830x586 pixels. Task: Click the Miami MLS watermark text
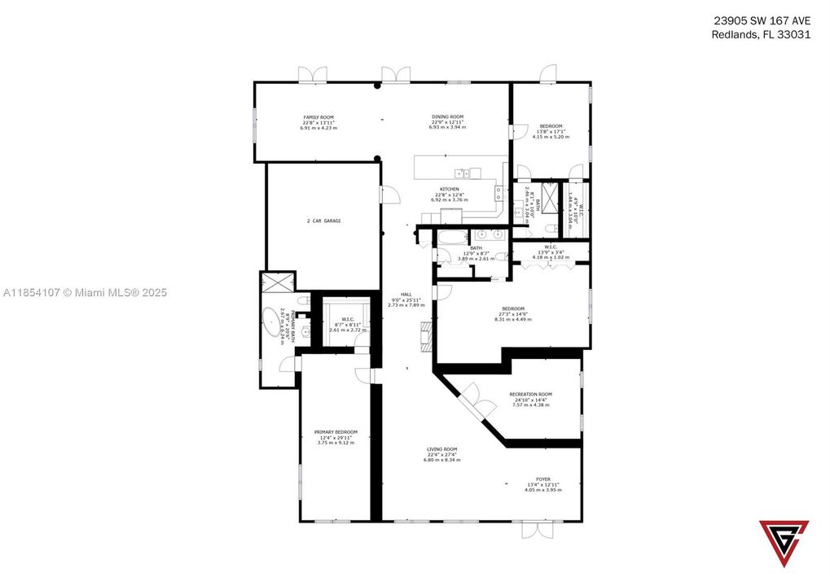(x=85, y=292)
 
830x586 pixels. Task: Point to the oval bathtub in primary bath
(x=270, y=323)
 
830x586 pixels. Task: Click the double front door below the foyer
(x=537, y=529)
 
